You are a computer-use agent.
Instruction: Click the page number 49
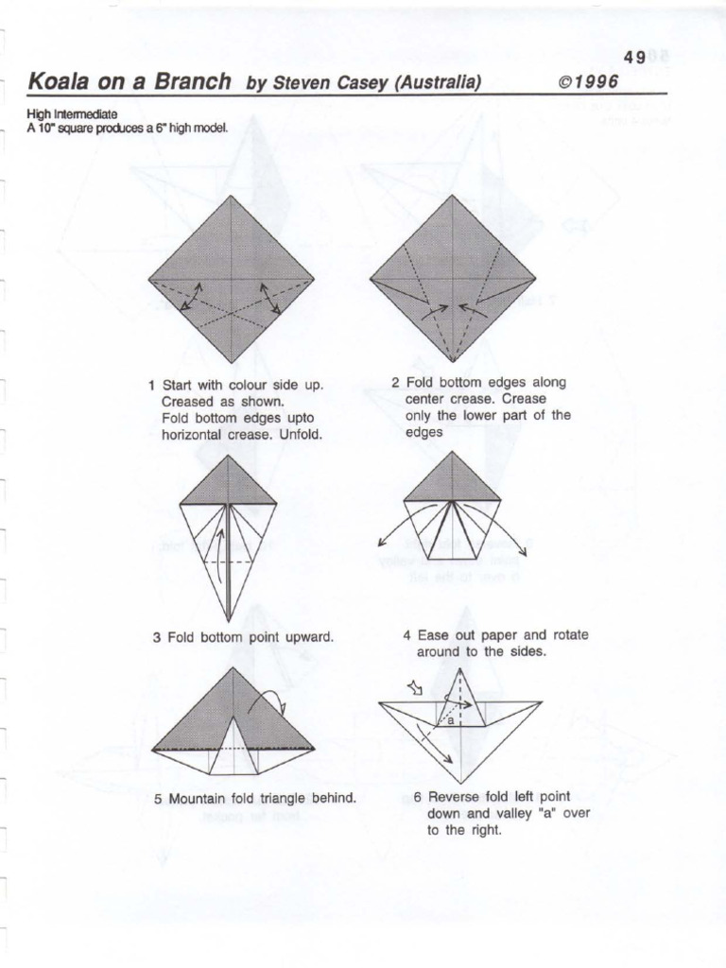pos(635,58)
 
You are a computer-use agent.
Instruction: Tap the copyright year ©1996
pos(588,81)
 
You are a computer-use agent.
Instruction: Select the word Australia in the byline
pos(439,82)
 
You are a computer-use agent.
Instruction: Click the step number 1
pos(151,386)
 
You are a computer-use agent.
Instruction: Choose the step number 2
pos(396,383)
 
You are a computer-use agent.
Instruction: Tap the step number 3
pos(157,638)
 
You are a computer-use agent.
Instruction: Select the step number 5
pos(159,799)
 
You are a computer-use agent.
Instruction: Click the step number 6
pos(417,797)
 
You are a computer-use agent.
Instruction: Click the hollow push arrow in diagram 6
pos(413,687)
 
